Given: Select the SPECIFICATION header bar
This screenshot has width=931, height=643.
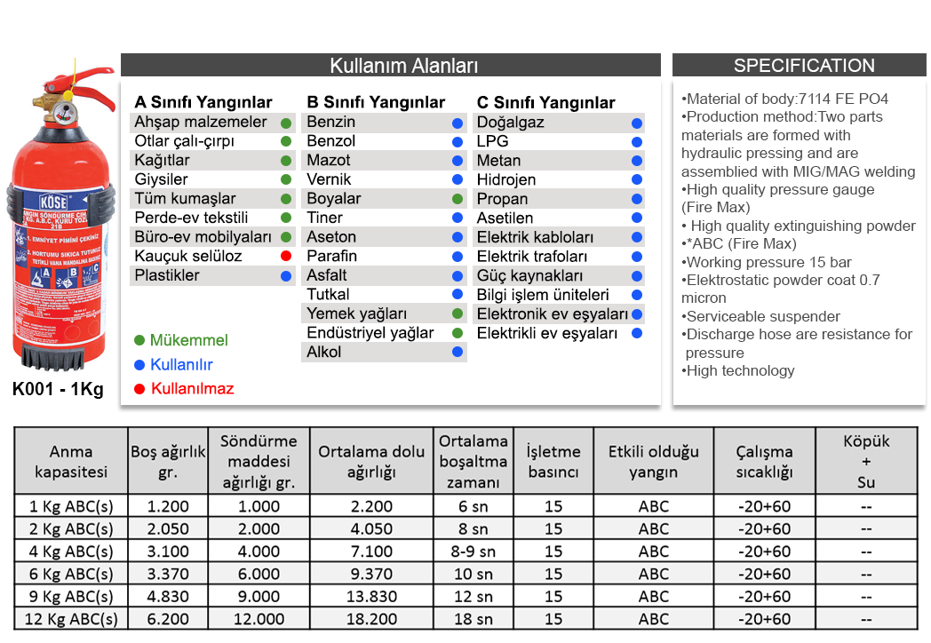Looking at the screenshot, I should (x=803, y=66).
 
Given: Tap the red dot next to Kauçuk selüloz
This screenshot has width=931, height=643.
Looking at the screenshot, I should (x=286, y=257).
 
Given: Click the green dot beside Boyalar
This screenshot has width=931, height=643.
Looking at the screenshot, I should (x=458, y=199).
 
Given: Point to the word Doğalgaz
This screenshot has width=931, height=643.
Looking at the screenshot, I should (x=510, y=123).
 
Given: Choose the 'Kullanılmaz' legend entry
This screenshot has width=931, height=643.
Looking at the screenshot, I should (x=192, y=389).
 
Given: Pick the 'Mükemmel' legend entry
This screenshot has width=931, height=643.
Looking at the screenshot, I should (x=188, y=341).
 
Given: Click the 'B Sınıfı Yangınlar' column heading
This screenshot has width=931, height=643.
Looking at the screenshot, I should (x=376, y=102).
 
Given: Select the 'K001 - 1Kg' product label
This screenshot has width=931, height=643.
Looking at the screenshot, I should (x=58, y=389).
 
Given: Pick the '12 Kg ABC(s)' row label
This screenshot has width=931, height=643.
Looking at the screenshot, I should (x=71, y=619).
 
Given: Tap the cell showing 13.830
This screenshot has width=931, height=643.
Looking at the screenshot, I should (x=371, y=597).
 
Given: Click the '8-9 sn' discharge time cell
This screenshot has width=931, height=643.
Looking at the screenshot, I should (x=473, y=552).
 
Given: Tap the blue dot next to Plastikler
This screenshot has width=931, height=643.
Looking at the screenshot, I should (x=286, y=276).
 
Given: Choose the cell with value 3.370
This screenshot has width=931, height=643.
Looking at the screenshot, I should (x=168, y=575).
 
